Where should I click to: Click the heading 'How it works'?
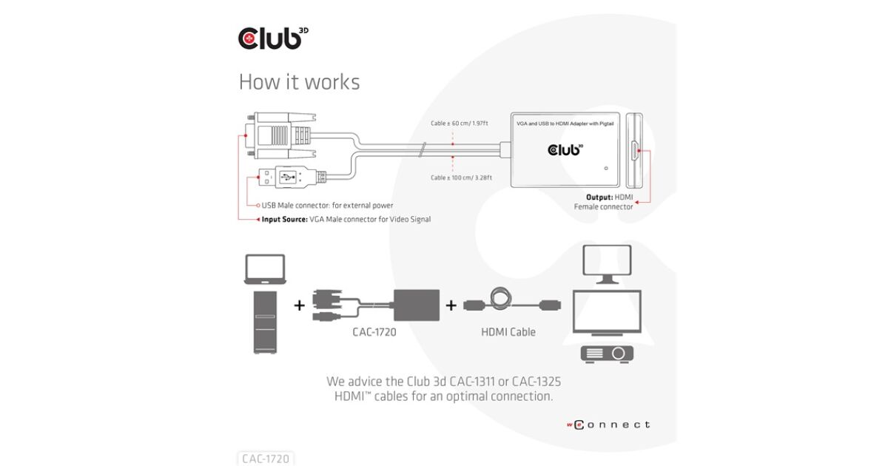point(299,81)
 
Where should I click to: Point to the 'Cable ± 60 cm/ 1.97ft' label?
point(460,124)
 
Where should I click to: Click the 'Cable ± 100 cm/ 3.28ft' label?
point(461,178)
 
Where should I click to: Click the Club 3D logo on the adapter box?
point(565,150)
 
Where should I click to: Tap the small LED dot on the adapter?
point(606,167)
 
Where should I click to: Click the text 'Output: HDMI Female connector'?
point(604,202)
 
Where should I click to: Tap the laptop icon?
point(264,269)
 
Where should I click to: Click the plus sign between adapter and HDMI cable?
point(451,305)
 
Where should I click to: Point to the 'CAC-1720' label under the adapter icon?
point(374,332)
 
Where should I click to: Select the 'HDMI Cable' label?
point(508,332)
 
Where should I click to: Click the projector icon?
point(607,353)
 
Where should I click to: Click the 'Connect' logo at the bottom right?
point(608,425)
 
